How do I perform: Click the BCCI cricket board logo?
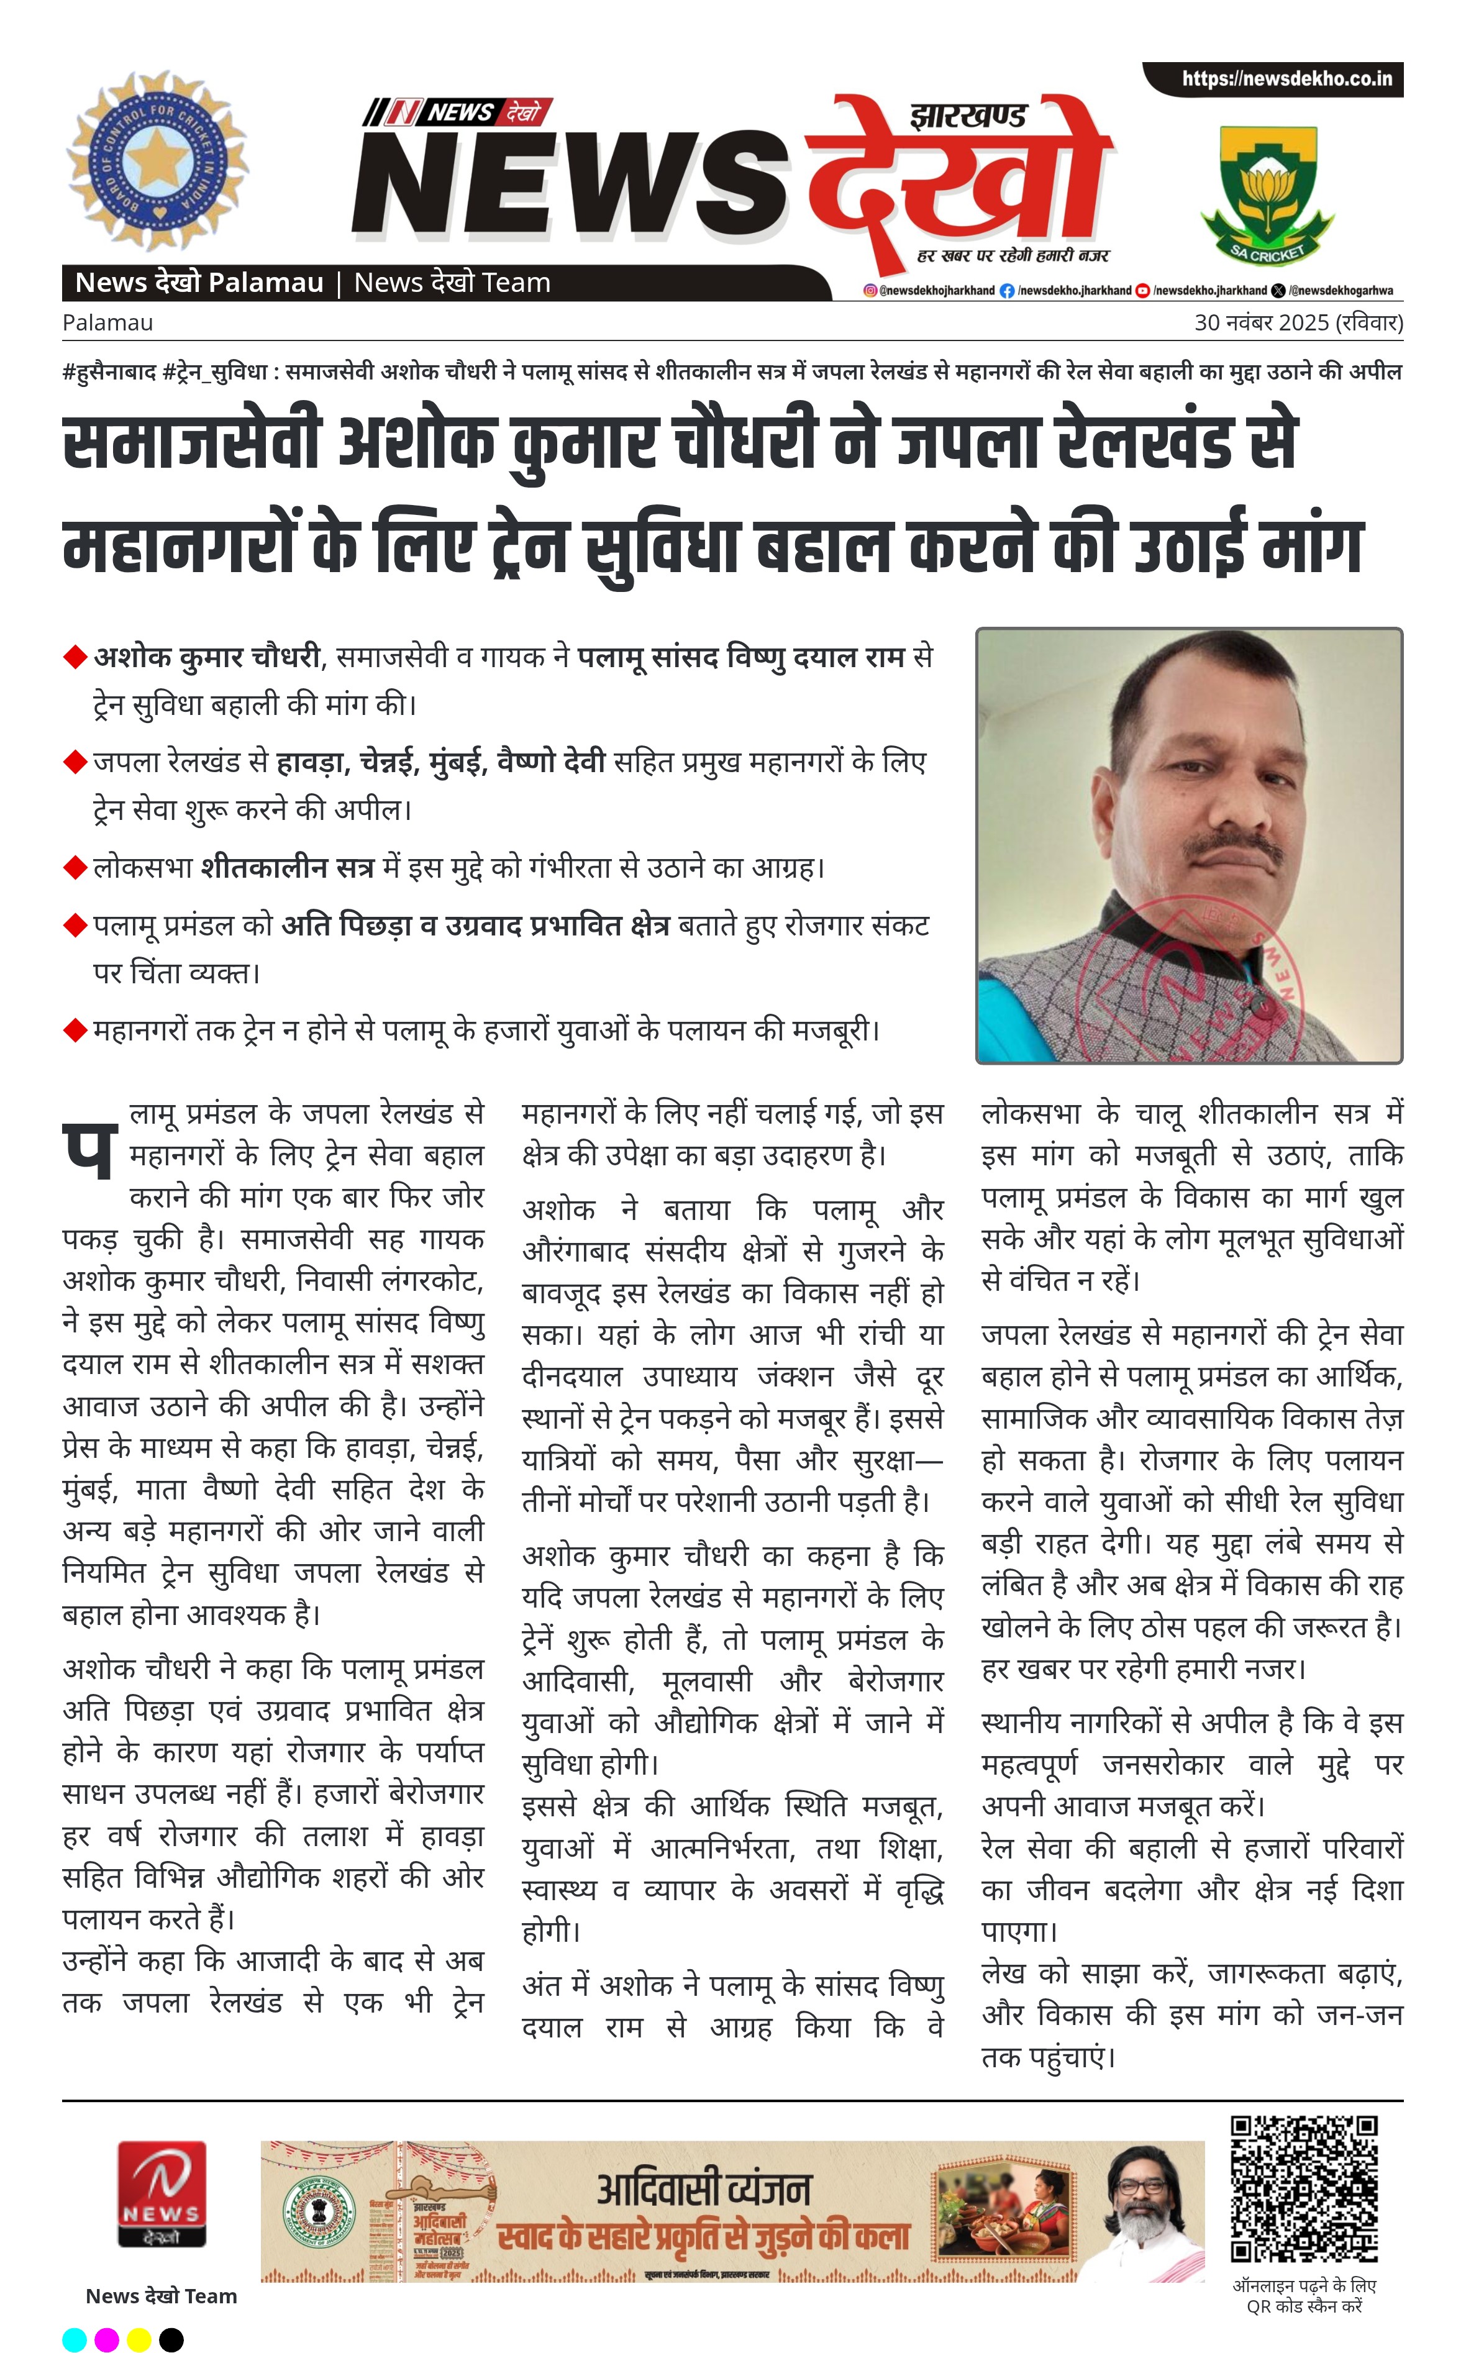coord(157,161)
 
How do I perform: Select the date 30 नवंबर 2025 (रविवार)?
coord(1297,323)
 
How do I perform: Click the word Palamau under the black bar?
coord(107,323)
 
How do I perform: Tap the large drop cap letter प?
coord(90,1153)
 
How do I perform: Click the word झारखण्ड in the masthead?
coord(968,116)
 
